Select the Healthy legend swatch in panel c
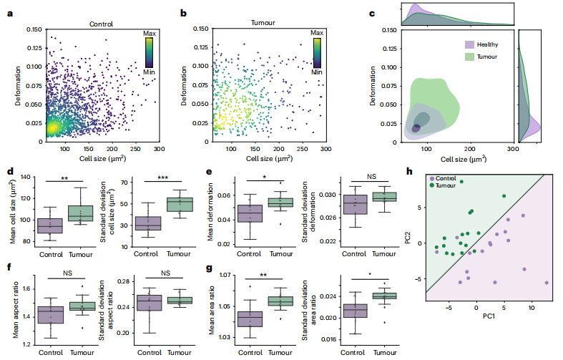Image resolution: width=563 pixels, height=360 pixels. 470,44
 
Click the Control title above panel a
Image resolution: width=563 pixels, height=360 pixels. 102,24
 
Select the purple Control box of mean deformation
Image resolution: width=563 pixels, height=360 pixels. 250,213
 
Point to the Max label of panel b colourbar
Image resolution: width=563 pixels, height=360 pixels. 317,33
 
